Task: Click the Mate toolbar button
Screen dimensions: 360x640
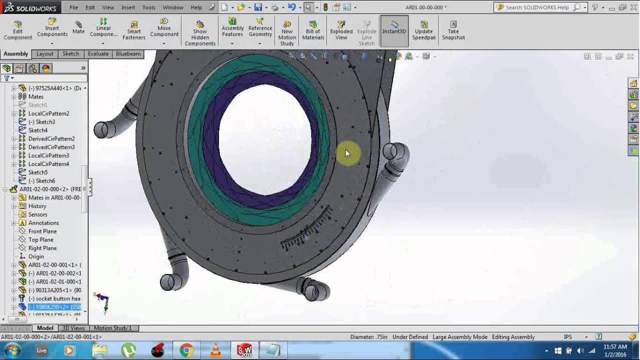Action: (78, 27)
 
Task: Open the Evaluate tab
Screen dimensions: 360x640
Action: (98, 54)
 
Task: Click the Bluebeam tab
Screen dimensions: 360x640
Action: (128, 54)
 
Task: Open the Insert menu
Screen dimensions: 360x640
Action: (128, 7)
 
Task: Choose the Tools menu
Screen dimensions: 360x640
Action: (148, 7)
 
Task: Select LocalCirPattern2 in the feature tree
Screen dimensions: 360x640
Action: (48, 113)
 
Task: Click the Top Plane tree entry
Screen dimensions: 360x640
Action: (41, 239)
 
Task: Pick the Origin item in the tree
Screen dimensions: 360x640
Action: (36, 256)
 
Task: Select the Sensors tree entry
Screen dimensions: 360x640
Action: (38, 214)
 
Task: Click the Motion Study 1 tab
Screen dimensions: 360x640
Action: (112, 328)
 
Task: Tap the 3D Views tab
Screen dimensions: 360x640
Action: (73, 328)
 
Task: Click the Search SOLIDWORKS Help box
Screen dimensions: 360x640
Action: (537, 7)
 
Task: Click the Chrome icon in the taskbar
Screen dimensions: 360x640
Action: (186, 350)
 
